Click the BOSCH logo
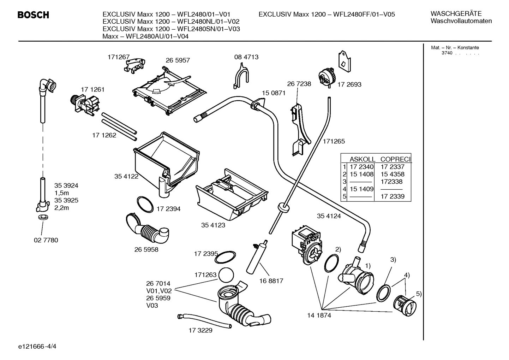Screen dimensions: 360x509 coord(33,15)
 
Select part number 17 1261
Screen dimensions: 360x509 coord(92,89)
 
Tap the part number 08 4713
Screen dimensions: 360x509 coord(246,57)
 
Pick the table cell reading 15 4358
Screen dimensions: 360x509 coord(392,174)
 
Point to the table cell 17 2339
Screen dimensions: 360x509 coord(392,196)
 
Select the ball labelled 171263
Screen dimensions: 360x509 coord(226,275)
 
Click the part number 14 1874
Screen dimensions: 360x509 coord(319,315)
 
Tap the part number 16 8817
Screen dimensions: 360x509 coord(271,281)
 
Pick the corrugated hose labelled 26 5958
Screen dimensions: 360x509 coord(148,230)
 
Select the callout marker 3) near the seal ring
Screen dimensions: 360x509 coord(393,260)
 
